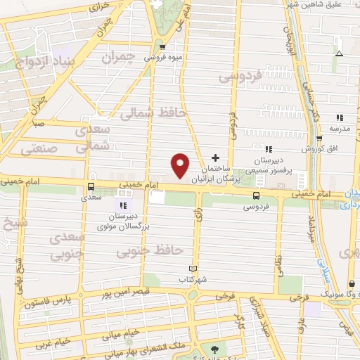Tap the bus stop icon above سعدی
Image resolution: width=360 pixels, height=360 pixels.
tap(90, 187)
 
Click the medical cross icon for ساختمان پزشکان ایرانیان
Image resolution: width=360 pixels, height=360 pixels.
tap(216, 157)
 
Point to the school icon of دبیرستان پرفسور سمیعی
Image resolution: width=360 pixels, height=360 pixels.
tap(269, 148)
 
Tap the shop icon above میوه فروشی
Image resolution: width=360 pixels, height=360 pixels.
tap(163, 48)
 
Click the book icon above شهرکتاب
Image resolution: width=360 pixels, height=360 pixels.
tap(195, 269)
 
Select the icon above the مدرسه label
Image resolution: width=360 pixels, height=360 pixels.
tap(339, 117)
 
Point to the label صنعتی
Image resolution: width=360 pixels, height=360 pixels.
tap(39, 149)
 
